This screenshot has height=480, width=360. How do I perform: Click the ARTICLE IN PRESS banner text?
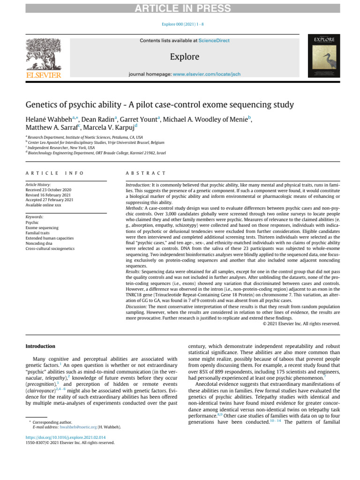tap(180, 8)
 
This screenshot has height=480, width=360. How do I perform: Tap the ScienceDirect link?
tap(214, 41)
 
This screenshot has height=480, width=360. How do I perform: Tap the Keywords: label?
tap(35, 217)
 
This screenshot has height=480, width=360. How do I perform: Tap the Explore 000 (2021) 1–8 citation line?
tap(180, 23)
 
